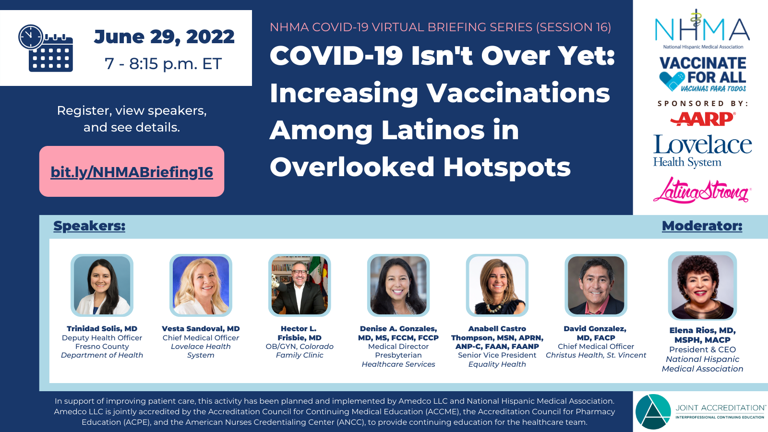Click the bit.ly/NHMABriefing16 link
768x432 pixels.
[132, 172]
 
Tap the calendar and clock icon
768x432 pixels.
[46, 48]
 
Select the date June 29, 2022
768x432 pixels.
[164, 37]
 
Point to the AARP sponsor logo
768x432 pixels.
[702, 119]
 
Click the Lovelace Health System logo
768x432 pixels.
[702, 151]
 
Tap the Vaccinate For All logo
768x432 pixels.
[703, 74]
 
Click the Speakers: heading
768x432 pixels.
[89, 226]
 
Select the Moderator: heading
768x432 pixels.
[702, 226]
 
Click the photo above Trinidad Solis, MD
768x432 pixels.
[102, 285]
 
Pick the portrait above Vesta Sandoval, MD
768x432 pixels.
[201, 285]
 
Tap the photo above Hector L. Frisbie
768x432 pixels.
[300, 285]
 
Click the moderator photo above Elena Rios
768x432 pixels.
[702, 286]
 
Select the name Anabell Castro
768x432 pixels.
[497, 329]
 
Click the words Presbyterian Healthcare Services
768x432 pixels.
[398, 360]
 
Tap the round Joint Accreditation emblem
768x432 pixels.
[653, 411]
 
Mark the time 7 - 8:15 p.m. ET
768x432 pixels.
[163, 64]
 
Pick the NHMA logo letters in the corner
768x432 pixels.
[702, 29]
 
